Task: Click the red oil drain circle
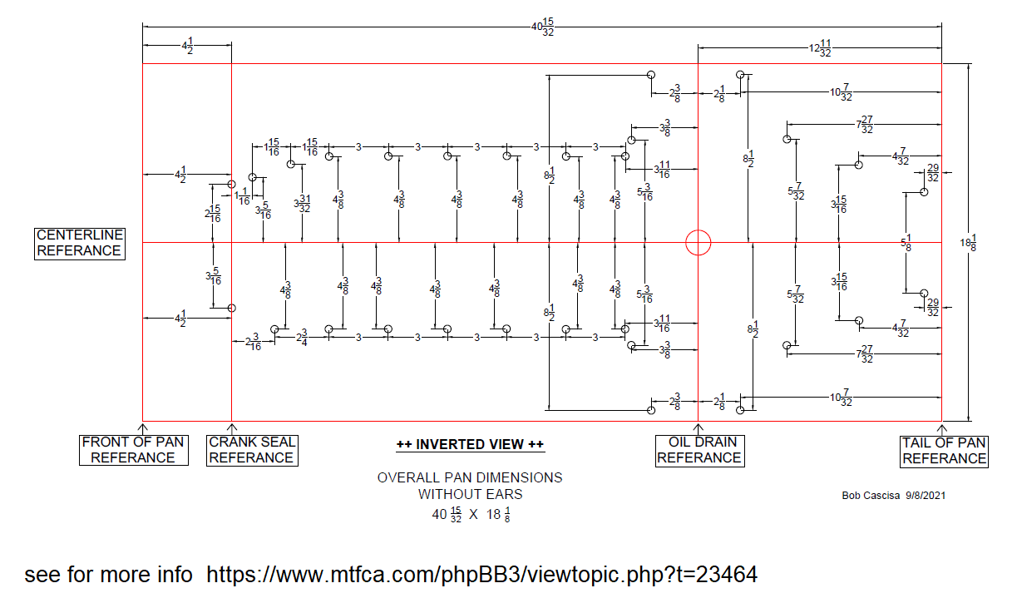[x=699, y=243]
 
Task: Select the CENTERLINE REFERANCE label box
[x=79, y=243]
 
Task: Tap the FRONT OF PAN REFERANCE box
[x=133, y=450]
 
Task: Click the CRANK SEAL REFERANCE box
[x=251, y=450]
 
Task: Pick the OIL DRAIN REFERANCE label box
[x=699, y=450]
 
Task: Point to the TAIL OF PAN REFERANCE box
[x=944, y=451]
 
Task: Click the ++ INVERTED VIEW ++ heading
[x=470, y=445]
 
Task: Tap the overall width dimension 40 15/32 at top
[x=542, y=27]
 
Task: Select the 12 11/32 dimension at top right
[x=820, y=47]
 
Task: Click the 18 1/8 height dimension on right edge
[x=968, y=242]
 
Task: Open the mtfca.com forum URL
[x=481, y=575]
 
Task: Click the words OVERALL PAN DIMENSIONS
[x=470, y=477]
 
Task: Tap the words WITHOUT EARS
[x=470, y=494]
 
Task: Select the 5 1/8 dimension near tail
[x=906, y=243]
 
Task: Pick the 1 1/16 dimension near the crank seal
[x=242, y=196]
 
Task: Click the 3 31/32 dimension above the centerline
[x=302, y=203]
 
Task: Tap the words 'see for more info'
[x=108, y=575]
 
